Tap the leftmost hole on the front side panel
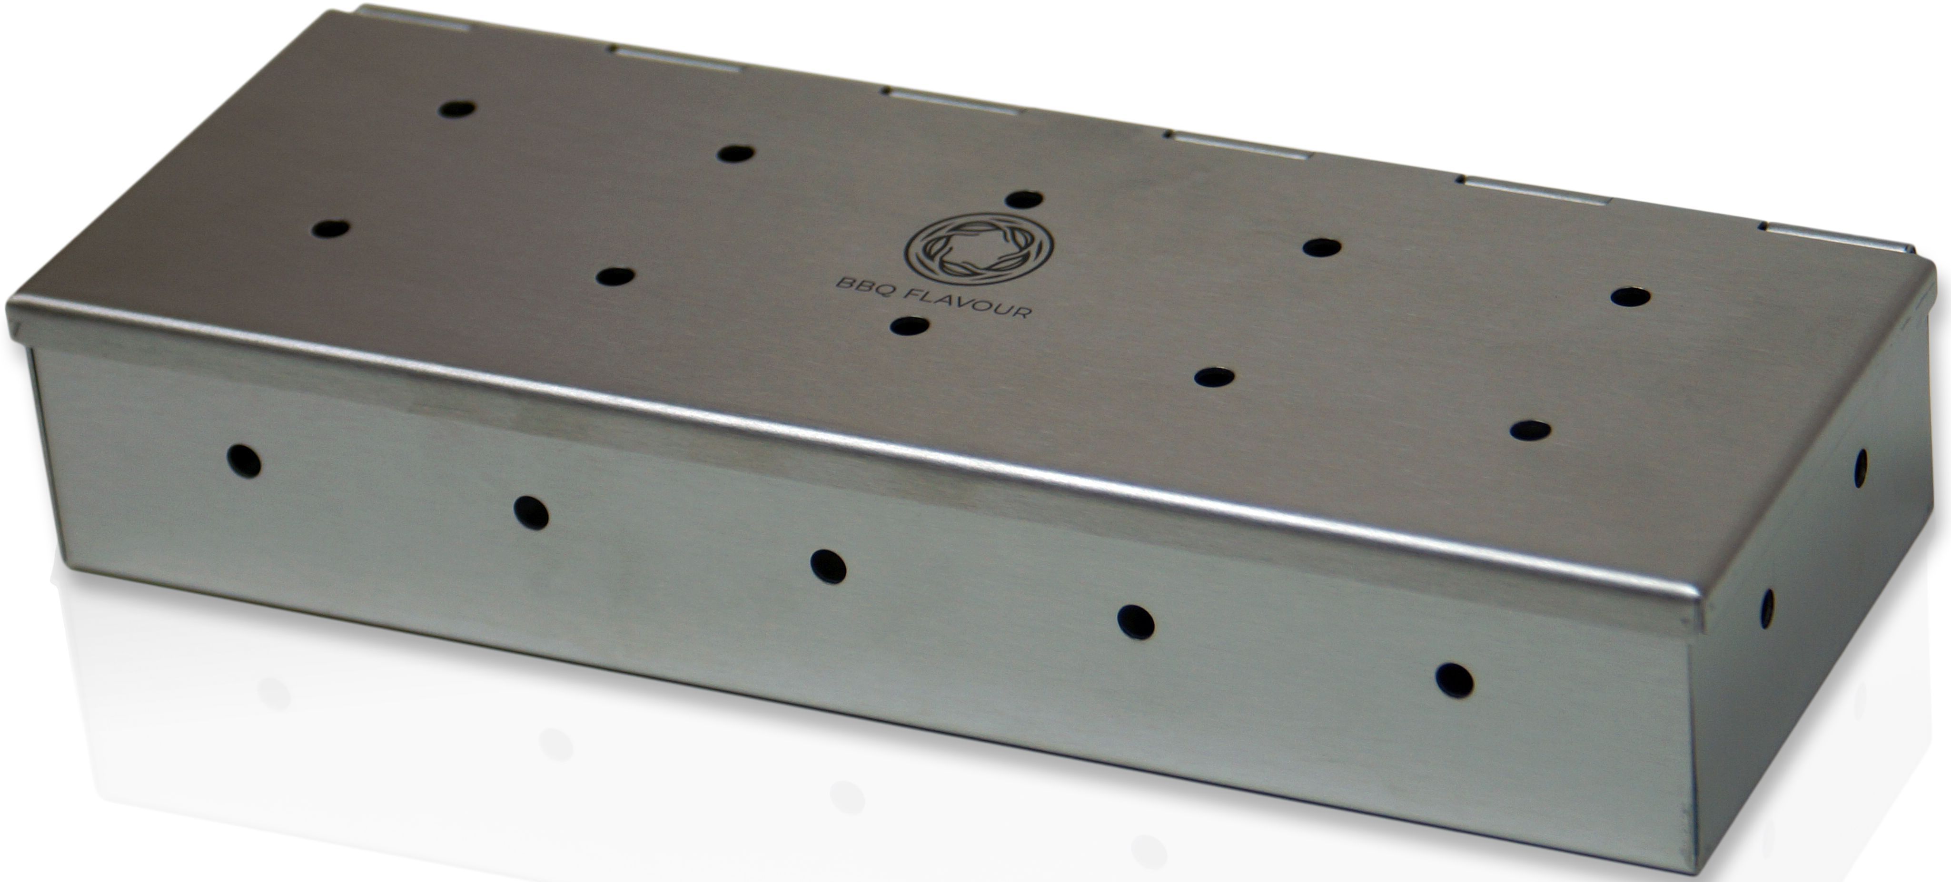(x=244, y=461)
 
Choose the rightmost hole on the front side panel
(x=1454, y=679)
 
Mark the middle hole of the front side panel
(x=828, y=566)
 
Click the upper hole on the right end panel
(x=1860, y=467)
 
